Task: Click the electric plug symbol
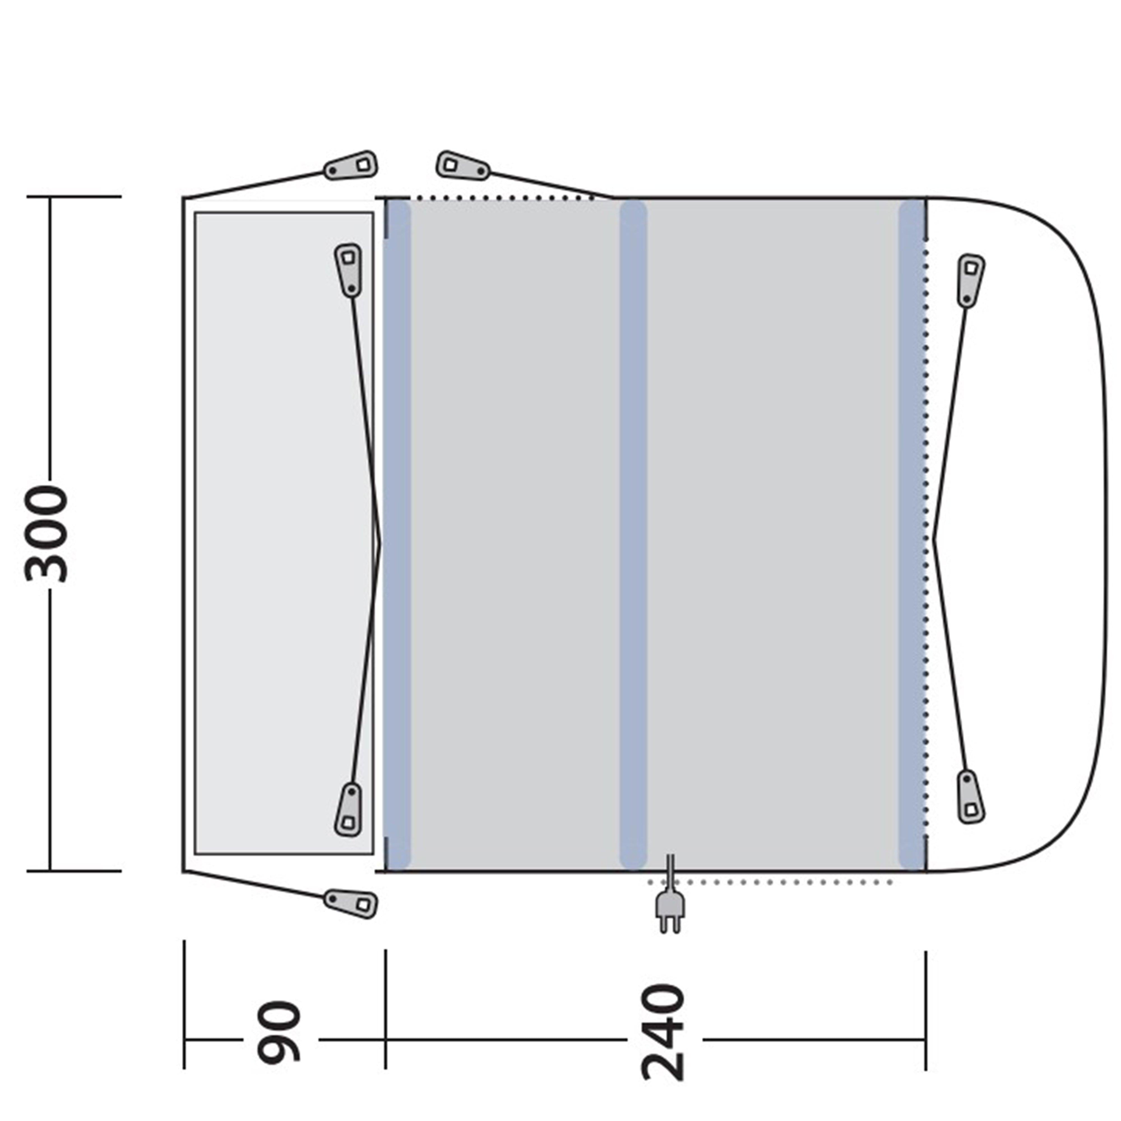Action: [670, 906]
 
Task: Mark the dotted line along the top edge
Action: [499, 198]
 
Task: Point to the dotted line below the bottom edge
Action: [772, 883]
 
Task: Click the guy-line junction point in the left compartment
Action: [380, 543]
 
